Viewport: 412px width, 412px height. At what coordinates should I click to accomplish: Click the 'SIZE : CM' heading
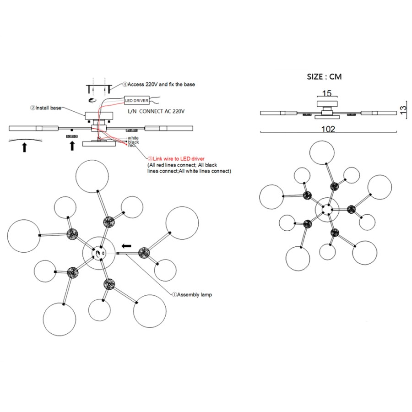(x=324, y=76)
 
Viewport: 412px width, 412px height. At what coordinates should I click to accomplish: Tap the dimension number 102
(x=328, y=129)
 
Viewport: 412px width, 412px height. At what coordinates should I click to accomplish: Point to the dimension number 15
(x=327, y=93)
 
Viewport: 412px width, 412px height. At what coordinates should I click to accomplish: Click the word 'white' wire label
(x=133, y=138)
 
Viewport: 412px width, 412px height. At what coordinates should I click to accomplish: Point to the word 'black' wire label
(x=133, y=142)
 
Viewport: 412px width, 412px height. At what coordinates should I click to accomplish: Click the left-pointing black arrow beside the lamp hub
(x=126, y=246)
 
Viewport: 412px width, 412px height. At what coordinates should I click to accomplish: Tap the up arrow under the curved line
(x=25, y=147)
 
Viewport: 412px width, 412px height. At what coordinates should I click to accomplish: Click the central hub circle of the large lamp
(x=99, y=252)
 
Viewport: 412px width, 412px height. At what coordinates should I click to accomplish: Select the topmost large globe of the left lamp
(x=92, y=177)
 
